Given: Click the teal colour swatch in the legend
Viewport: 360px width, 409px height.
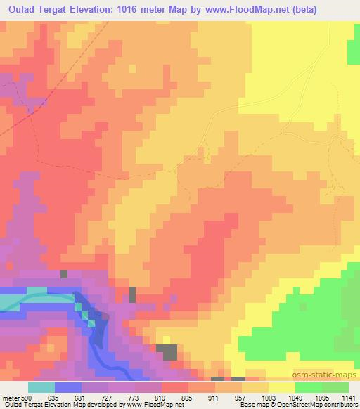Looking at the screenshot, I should [x=41, y=387].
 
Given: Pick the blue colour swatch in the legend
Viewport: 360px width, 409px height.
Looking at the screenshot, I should [x=68, y=387].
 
